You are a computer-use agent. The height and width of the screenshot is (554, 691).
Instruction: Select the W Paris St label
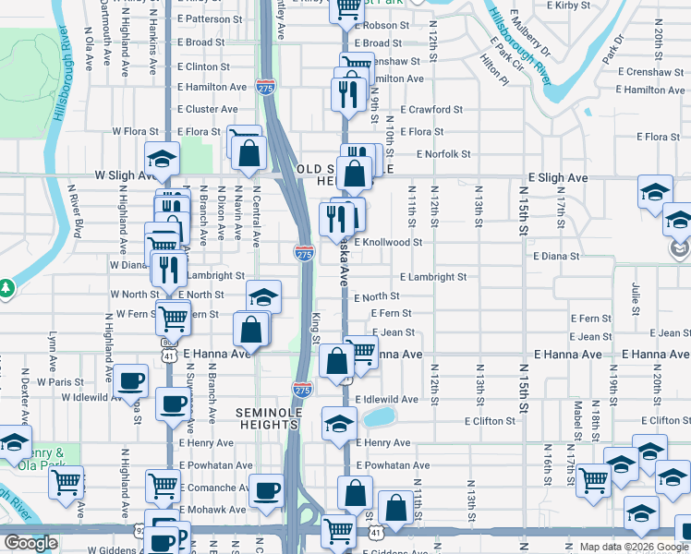point(60,381)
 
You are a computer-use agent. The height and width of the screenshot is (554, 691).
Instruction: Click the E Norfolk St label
point(443,154)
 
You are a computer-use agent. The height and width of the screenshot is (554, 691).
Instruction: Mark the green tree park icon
point(6,288)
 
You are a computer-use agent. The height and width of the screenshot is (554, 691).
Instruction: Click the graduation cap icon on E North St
point(263,297)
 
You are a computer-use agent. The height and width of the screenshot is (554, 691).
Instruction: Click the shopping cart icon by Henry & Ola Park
point(66,481)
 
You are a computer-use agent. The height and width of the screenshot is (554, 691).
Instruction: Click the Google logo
point(30,543)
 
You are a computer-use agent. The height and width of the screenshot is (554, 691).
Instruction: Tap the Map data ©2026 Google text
point(634,547)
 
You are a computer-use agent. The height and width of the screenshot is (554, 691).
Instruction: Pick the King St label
point(315,326)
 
